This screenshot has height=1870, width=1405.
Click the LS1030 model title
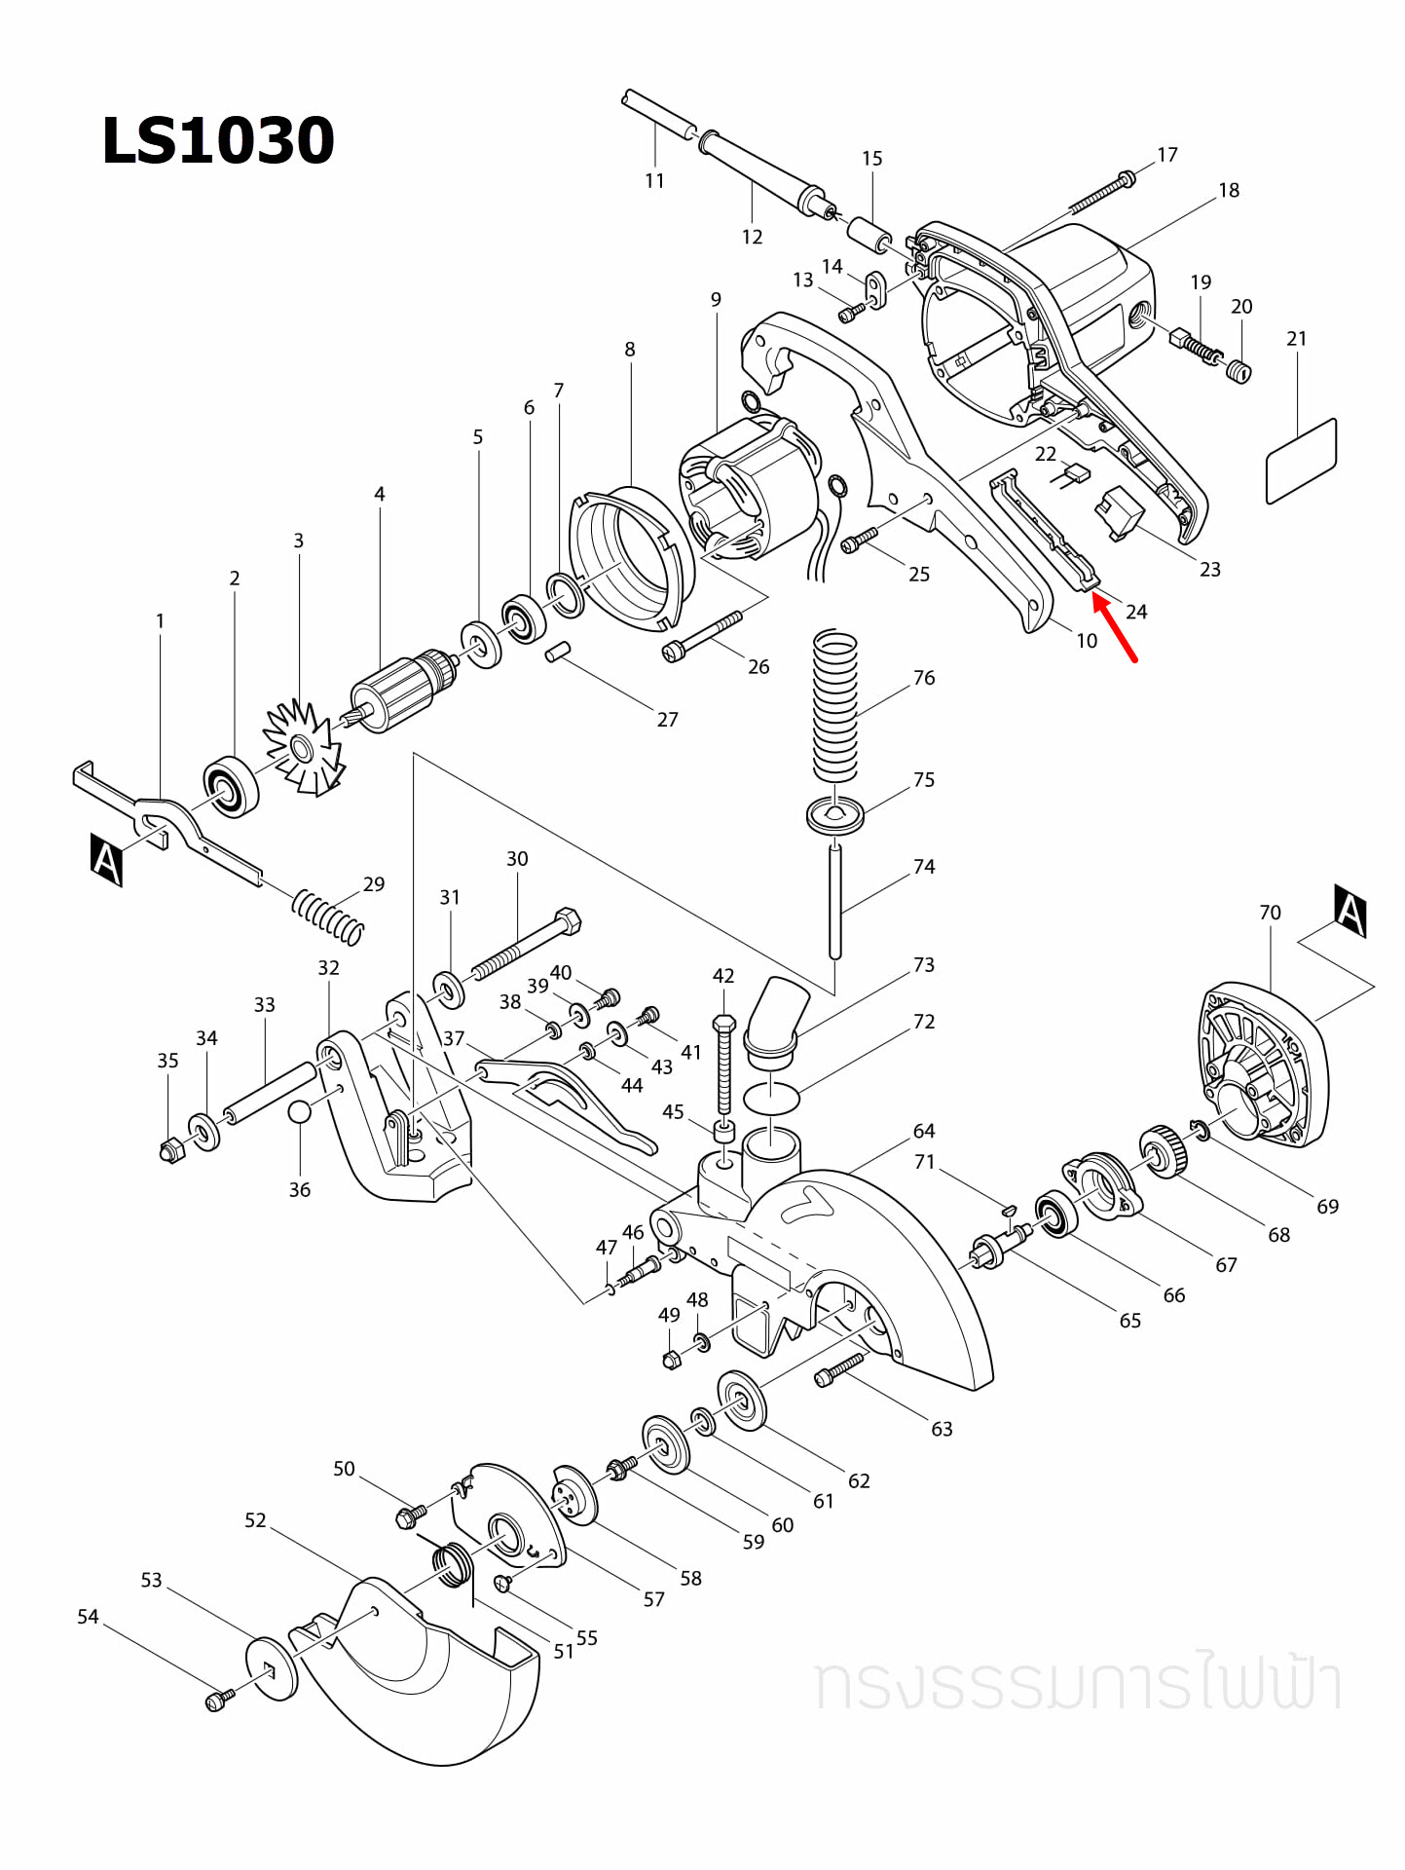click(x=218, y=140)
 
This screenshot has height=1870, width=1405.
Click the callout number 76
click(x=923, y=678)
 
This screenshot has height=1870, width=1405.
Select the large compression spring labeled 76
click(x=835, y=705)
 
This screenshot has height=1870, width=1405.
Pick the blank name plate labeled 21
click(x=1300, y=462)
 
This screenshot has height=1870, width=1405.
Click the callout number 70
click(x=1270, y=913)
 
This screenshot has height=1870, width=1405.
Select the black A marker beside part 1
click(x=106, y=859)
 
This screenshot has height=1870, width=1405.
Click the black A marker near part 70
click(x=1350, y=911)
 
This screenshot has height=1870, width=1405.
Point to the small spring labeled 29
click(x=328, y=916)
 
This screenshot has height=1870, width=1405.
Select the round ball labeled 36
click(x=299, y=1111)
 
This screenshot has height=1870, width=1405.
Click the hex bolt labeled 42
click(x=723, y=1067)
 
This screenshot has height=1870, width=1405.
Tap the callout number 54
click(x=88, y=1617)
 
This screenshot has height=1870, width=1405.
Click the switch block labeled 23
click(x=1120, y=513)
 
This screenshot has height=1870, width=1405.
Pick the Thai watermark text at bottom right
click(x=1077, y=1684)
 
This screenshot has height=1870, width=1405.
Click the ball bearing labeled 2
click(x=232, y=784)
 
